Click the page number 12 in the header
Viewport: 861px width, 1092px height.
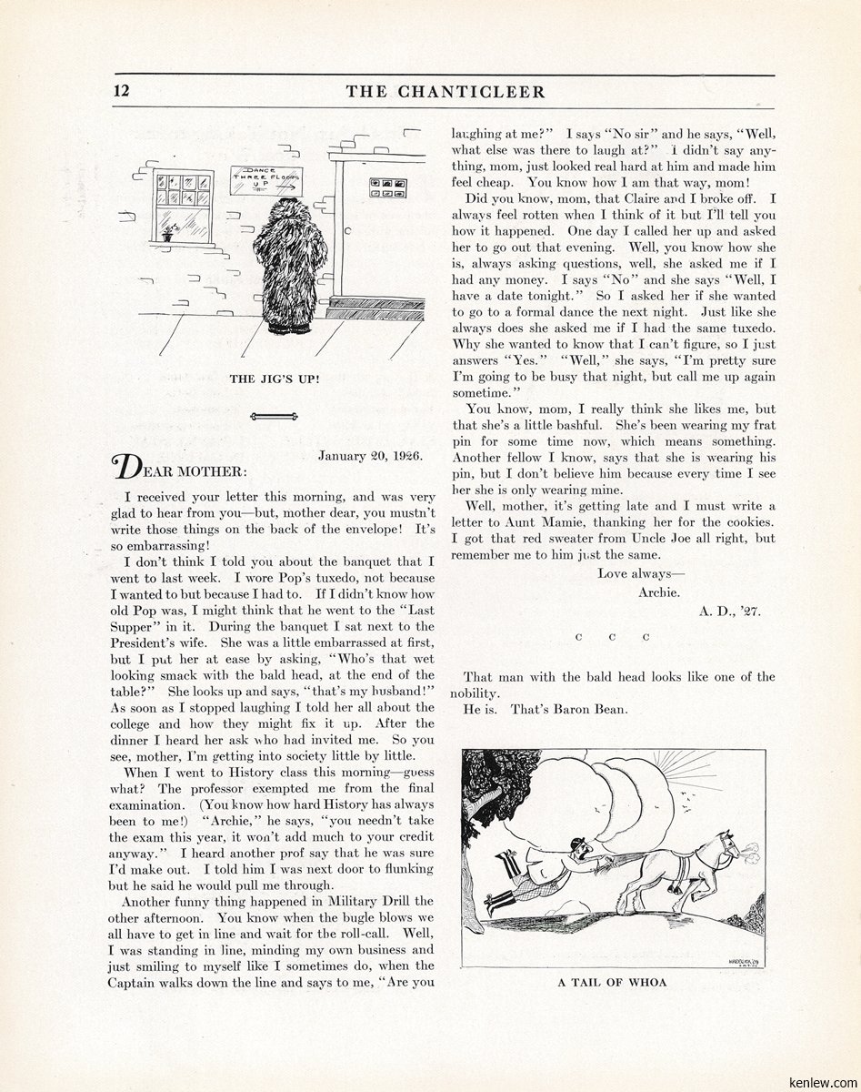(123, 91)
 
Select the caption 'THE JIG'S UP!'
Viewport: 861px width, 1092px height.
(274, 379)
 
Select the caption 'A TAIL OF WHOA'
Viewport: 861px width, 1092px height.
(612, 982)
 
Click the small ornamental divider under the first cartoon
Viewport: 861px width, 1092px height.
(274, 416)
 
